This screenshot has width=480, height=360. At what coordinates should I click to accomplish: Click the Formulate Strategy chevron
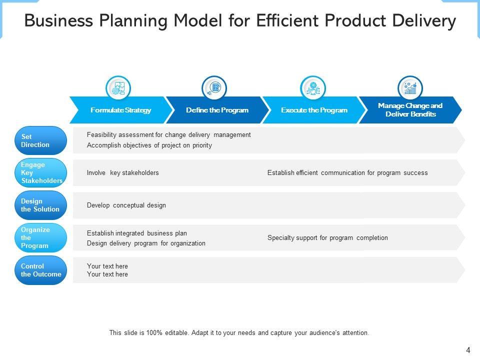click(120, 110)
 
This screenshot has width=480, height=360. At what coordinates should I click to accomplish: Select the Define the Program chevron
click(217, 110)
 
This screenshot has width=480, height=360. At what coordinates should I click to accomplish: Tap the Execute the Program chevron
click(314, 110)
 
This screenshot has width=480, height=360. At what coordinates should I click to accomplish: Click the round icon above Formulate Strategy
click(118, 88)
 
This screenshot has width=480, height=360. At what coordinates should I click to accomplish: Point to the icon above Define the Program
click(214, 88)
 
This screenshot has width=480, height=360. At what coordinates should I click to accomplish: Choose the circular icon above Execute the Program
click(313, 88)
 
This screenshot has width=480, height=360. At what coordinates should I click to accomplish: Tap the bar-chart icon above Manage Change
click(410, 88)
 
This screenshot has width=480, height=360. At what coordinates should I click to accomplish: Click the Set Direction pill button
click(40, 140)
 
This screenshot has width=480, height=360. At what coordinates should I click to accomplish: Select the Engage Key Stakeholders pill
click(40, 172)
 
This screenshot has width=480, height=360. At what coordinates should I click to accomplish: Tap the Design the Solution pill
click(40, 205)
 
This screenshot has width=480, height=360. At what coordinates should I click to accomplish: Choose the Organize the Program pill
click(40, 237)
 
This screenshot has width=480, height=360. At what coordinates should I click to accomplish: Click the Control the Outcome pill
click(40, 270)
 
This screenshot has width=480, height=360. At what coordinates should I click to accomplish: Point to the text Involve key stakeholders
click(122, 173)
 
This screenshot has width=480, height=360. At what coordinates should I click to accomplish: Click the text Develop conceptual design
click(126, 205)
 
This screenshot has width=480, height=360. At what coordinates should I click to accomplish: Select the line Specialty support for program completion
click(327, 238)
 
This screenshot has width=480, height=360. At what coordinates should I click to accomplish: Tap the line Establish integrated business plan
click(136, 233)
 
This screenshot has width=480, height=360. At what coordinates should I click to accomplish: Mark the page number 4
click(468, 350)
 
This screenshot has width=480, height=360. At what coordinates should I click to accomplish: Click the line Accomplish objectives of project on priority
click(149, 145)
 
